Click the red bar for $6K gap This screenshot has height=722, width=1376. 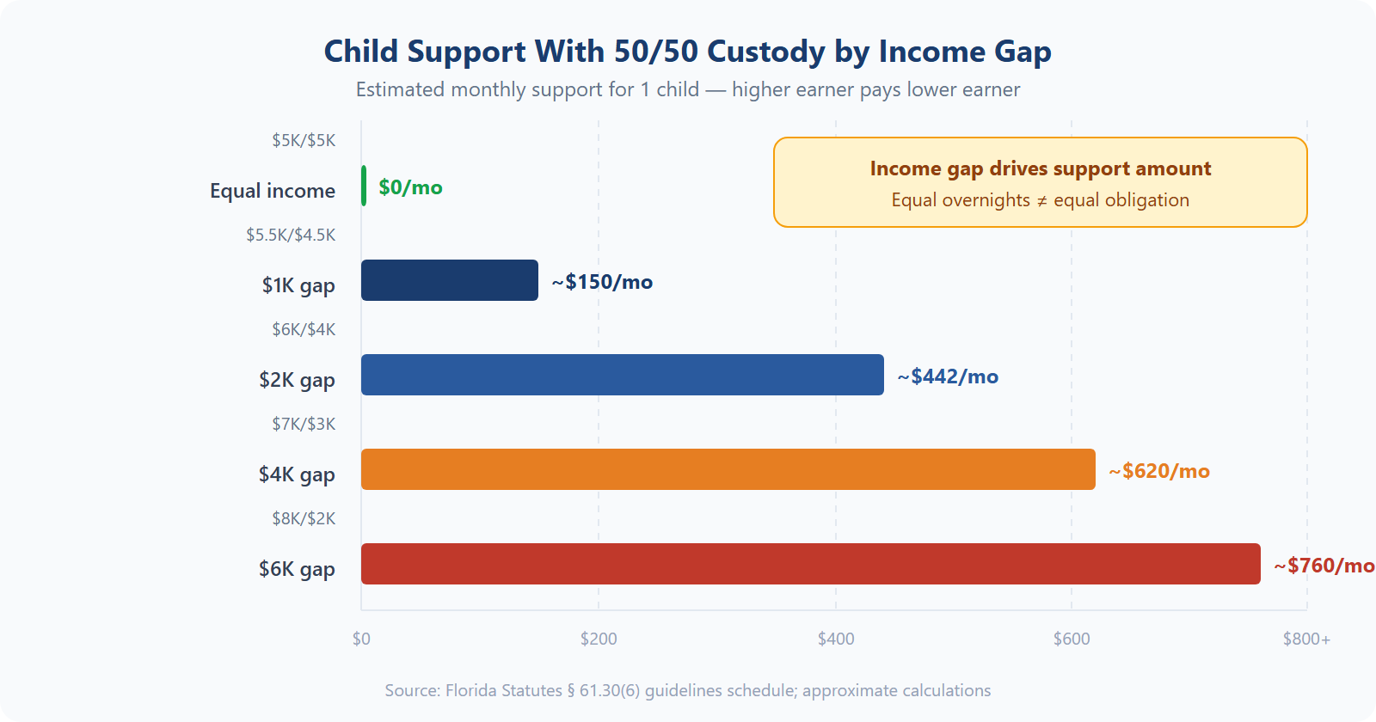click(810, 564)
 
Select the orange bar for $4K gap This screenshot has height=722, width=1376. click(728, 469)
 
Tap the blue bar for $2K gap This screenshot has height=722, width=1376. click(622, 375)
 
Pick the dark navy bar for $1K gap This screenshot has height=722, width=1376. click(449, 280)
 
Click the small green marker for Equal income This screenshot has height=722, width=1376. click(364, 186)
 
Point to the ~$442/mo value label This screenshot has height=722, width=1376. click(948, 376)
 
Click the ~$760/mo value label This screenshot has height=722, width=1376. click(1324, 566)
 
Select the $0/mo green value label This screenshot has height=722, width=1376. click(410, 187)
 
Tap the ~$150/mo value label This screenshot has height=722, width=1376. click(602, 282)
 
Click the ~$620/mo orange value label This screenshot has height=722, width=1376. click(1158, 471)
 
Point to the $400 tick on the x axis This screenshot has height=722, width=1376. click(835, 639)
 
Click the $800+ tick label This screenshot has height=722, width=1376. click(1305, 639)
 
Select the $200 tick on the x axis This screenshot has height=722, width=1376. click(599, 639)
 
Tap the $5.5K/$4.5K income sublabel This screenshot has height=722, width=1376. click(291, 235)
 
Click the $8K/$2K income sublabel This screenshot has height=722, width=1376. click(304, 518)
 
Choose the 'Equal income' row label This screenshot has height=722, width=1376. click(273, 191)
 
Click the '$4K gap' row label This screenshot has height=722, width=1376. click(297, 474)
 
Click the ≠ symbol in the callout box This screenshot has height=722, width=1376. click(1041, 201)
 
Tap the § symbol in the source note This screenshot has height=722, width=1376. click(571, 691)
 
